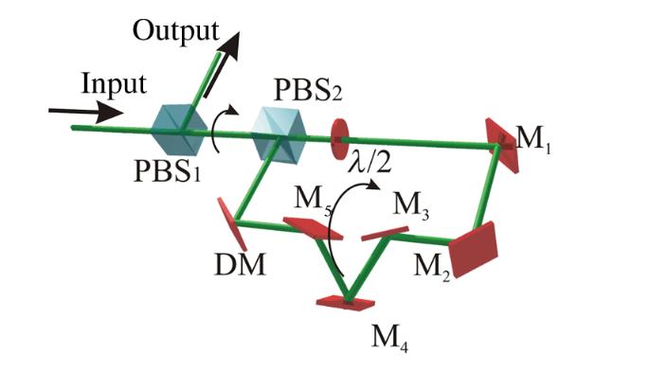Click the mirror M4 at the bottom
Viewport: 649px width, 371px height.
tap(345, 302)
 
